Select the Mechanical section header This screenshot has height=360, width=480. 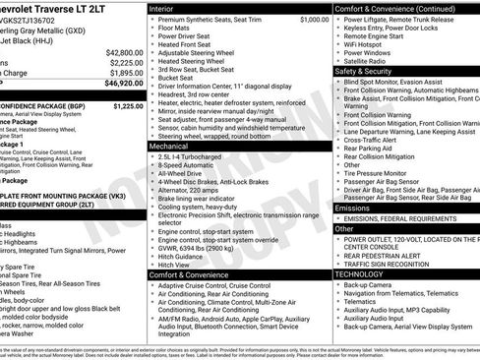tap(171, 145)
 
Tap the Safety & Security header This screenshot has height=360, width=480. tap(370, 72)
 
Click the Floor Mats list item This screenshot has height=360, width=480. tap(180, 30)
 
